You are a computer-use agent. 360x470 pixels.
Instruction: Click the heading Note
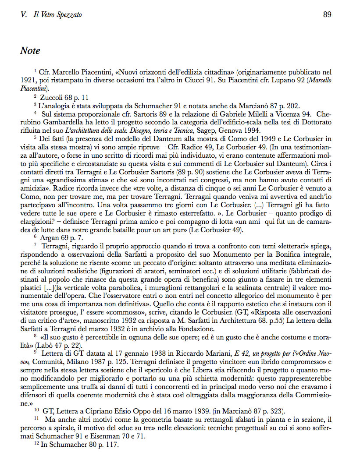click(30, 51)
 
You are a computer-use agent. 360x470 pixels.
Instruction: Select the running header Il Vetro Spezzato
click(57, 15)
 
